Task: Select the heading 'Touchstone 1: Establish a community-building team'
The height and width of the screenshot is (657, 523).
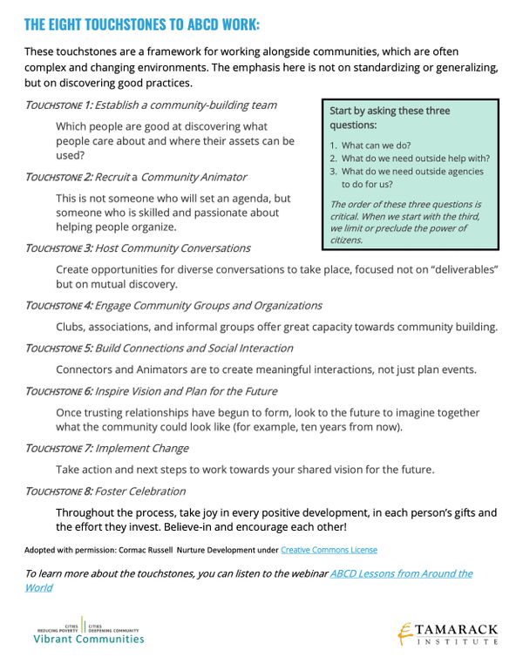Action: coord(151,105)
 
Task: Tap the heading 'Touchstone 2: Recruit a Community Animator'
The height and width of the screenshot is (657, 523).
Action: coord(135,177)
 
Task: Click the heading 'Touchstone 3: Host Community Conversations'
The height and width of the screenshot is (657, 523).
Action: coord(138,248)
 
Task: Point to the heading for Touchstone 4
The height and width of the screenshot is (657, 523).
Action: coord(173,306)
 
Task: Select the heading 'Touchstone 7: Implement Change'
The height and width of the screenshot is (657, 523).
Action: coord(106,449)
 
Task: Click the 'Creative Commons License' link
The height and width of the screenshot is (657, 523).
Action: coord(329,551)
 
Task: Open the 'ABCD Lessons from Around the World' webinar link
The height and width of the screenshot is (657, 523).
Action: coord(401,573)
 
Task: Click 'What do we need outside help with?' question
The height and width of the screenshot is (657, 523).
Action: coord(415,159)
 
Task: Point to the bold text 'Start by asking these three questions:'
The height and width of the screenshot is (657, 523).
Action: coord(390,118)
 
